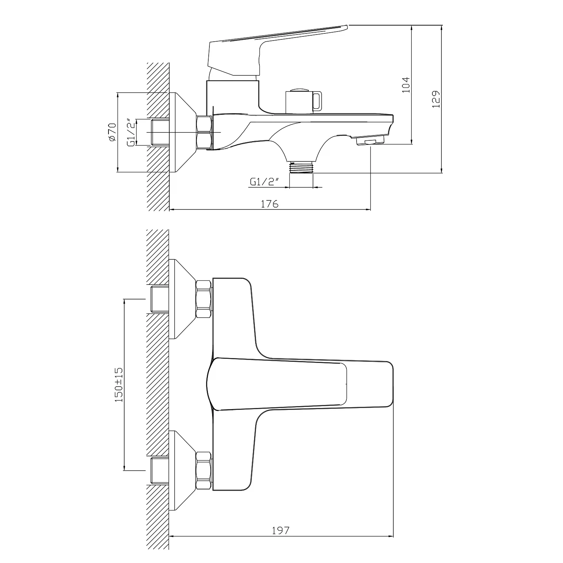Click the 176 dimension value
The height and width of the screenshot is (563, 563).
coord(269,204)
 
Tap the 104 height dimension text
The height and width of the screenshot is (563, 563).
coord(406,85)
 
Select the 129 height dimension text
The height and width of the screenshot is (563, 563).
coord(436,99)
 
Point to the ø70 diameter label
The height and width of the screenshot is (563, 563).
coord(111,132)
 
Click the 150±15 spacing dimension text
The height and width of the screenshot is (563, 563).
coord(119,385)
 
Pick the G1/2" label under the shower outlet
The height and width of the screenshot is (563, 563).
coord(265,182)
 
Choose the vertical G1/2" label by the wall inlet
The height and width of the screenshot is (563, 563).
coord(131,132)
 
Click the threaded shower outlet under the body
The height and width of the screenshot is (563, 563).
coord(301,167)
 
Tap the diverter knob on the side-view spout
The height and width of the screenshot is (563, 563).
coord(303,101)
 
